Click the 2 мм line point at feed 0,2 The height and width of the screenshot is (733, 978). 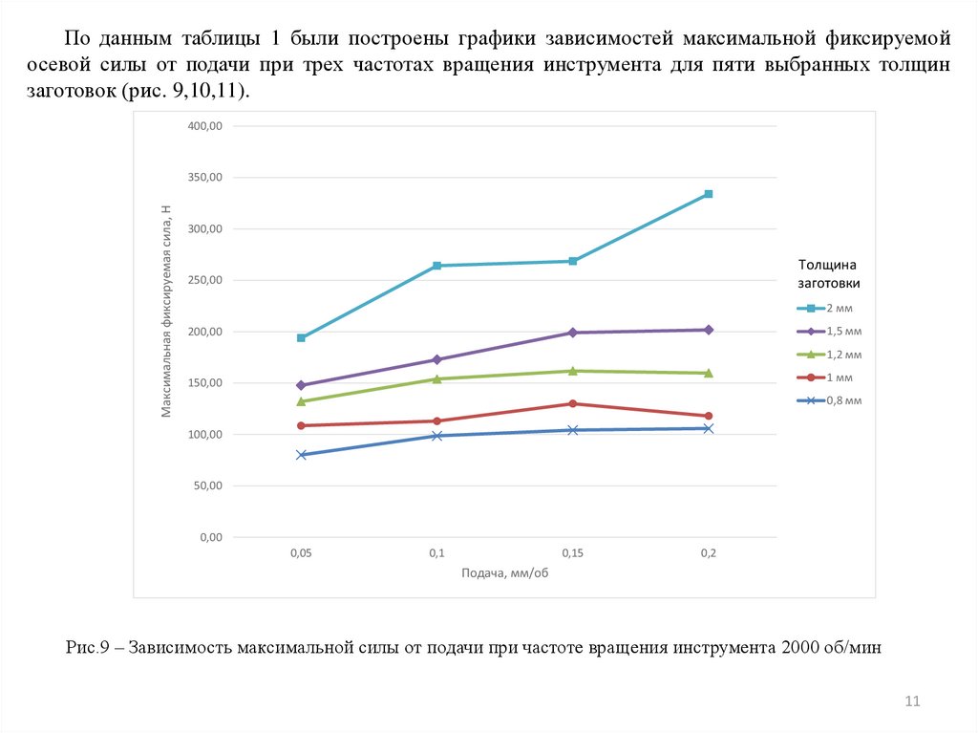[x=709, y=194]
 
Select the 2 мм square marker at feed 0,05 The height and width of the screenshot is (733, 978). [x=302, y=337]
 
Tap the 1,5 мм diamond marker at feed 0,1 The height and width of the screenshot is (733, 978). [x=437, y=359]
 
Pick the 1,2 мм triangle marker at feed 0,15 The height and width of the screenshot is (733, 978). [x=573, y=371]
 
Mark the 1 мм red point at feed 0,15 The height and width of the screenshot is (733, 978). [x=573, y=403]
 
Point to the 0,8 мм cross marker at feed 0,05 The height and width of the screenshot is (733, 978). [x=302, y=455]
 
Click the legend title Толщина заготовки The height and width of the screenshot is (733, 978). [x=829, y=274]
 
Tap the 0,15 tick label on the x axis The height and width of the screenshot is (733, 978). [x=573, y=553]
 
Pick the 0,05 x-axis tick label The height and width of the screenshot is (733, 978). [x=302, y=553]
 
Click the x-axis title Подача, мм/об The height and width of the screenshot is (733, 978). [x=505, y=574]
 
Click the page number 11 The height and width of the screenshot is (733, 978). [x=911, y=703]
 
